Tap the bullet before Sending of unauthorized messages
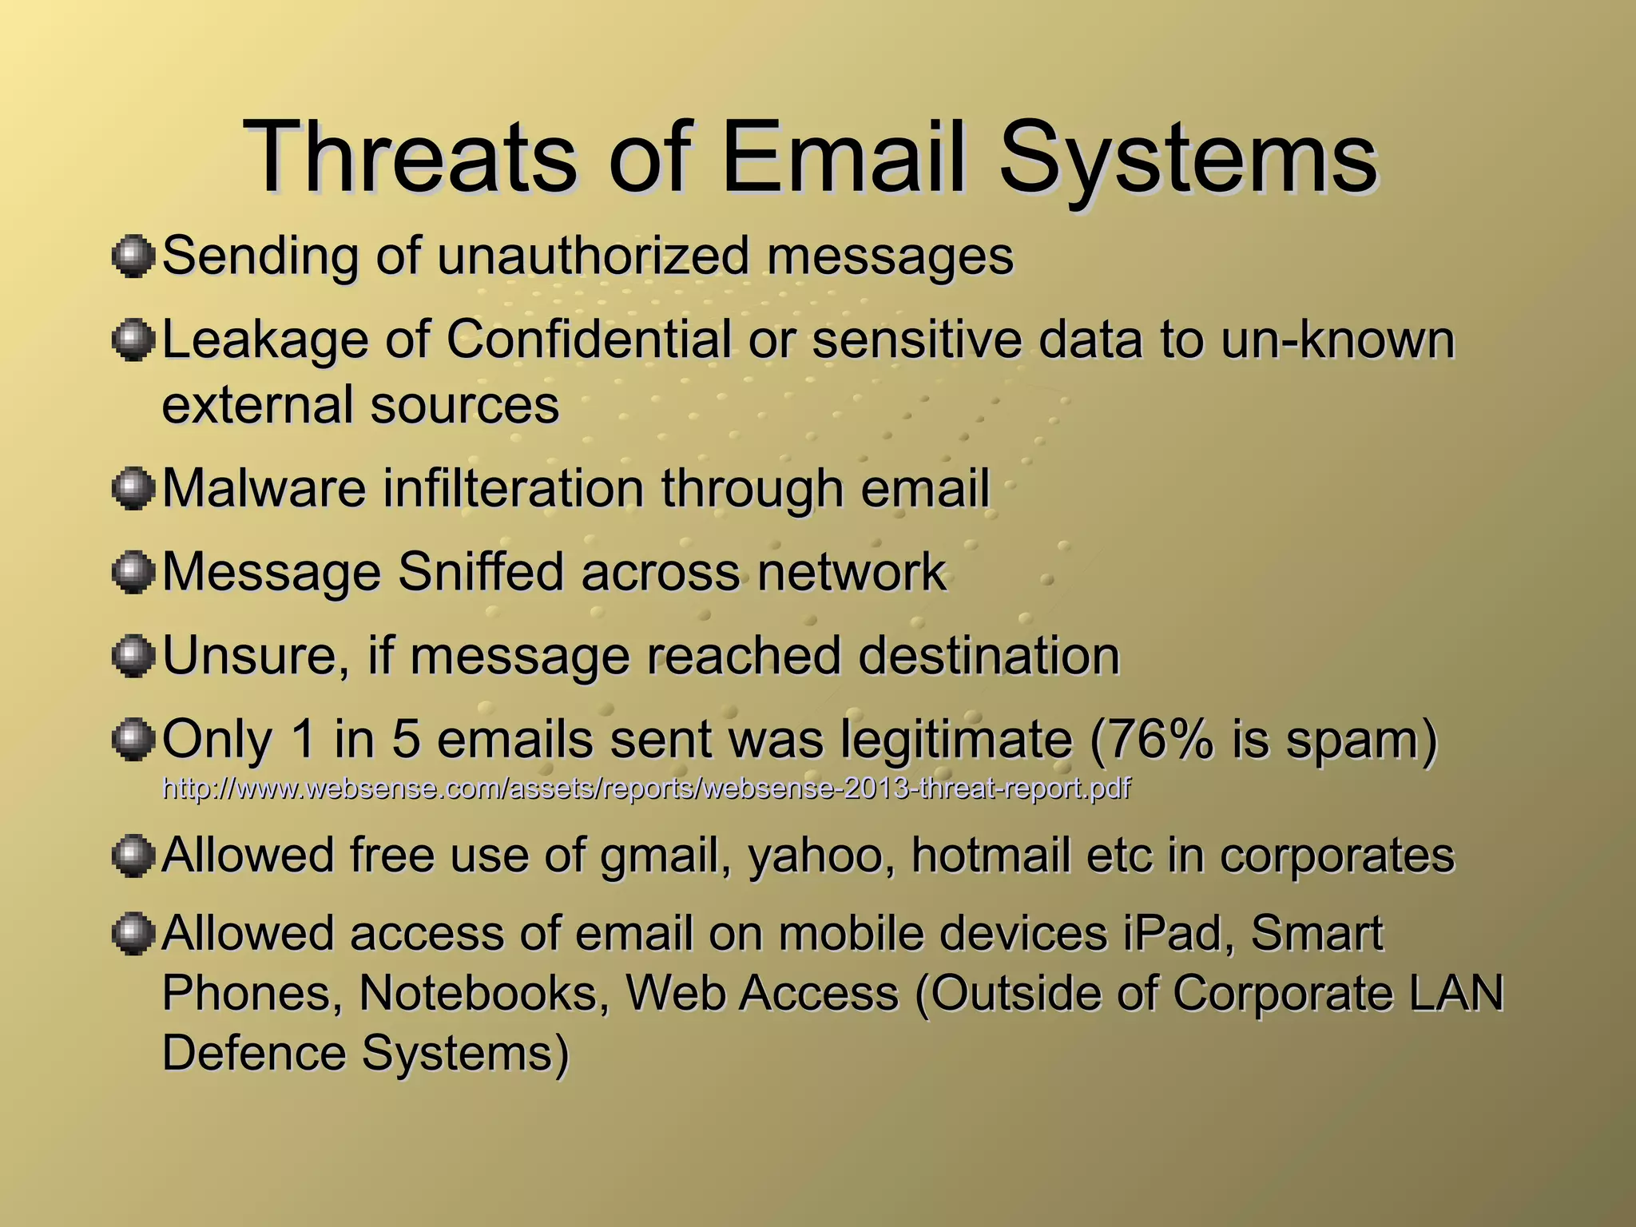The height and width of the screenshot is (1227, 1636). tap(132, 256)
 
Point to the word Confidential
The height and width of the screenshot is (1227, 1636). tap(588, 340)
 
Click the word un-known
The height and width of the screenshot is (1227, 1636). tap(1337, 340)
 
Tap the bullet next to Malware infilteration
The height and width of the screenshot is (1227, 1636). tap(132, 488)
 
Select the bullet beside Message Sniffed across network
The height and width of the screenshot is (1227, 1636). tap(132, 573)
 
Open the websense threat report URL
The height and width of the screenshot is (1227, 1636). tap(646, 789)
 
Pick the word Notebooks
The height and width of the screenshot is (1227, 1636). tap(484, 994)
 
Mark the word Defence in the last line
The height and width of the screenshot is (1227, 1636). tap(252, 1053)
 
